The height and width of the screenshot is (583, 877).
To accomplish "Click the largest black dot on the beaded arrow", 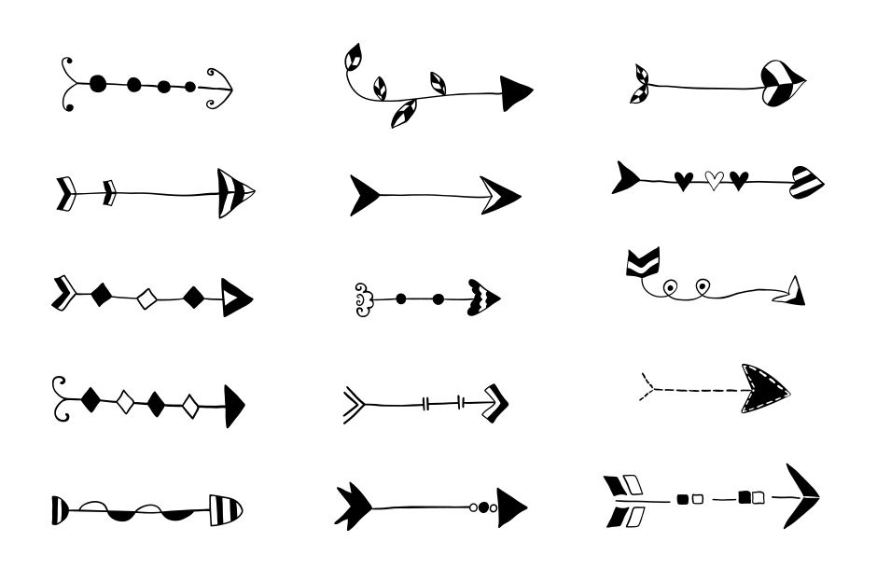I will tap(98, 85).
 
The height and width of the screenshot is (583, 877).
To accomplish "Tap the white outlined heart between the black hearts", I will tap(714, 179).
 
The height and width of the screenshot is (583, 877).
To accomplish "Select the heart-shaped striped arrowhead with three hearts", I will tap(807, 182).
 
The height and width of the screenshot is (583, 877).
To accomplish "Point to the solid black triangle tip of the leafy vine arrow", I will tap(515, 92).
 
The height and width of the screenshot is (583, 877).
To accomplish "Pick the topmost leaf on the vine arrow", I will tap(354, 58).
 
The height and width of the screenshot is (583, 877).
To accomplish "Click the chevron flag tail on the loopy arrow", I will tap(642, 263).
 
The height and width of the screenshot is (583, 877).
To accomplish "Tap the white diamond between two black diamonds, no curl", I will tap(146, 298).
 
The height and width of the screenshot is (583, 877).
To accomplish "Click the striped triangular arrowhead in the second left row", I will tap(232, 192).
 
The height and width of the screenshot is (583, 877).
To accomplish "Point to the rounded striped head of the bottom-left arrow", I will tap(224, 509).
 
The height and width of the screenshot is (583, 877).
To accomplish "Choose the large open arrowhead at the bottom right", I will tap(800, 495).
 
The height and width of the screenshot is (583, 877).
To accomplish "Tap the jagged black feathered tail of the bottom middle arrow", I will tap(355, 507).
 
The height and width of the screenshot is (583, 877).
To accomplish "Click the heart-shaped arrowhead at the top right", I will tap(782, 83).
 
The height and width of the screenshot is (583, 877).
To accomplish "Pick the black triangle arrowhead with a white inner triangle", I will tap(235, 297).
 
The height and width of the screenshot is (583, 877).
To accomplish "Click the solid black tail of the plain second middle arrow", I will tap(365, 195).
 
